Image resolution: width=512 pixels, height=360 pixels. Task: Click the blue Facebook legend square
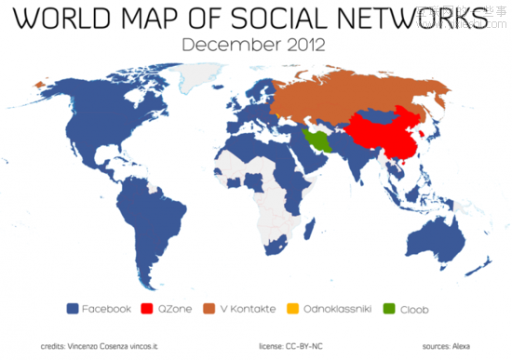point(73,307)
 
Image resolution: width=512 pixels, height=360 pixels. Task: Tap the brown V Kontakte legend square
point(210,307)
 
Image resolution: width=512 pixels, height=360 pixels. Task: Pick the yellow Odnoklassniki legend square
point(296,307)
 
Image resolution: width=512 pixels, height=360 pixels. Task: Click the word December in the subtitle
point(224,43)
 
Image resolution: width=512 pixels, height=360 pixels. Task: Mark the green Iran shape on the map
point(317,141)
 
